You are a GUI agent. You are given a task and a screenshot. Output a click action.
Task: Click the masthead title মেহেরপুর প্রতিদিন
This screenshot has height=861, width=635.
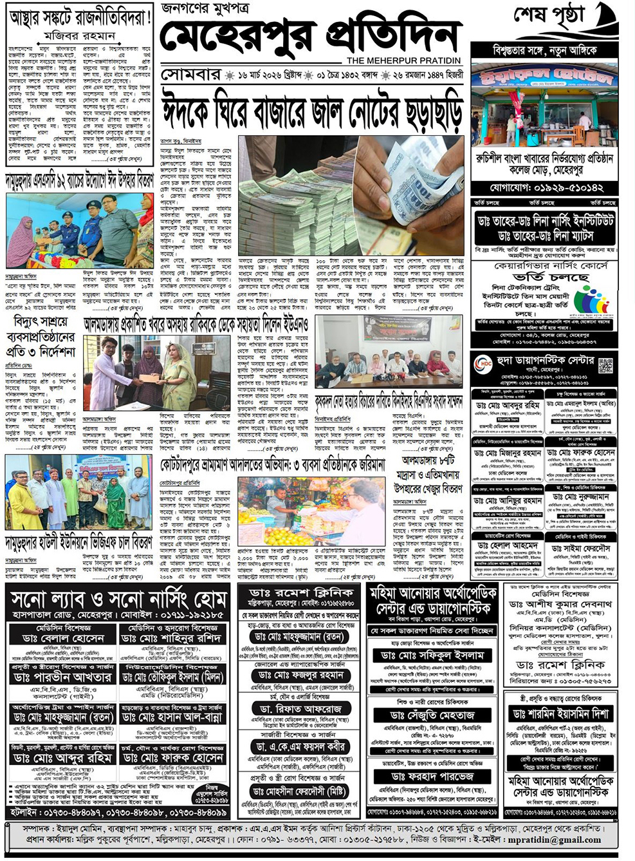pos(311,37)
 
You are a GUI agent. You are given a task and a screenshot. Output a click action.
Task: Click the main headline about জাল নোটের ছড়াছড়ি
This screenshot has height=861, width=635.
pos(311,108)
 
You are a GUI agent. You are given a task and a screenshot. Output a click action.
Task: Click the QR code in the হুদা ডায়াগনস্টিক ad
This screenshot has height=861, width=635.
pos(605,365)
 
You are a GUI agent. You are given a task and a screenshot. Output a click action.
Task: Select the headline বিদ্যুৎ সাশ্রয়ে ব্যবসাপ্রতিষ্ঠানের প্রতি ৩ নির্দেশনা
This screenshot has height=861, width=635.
pos(40,337)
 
